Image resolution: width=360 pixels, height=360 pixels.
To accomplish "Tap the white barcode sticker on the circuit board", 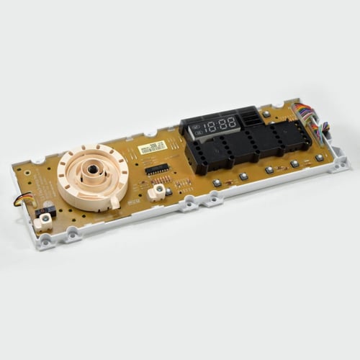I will click(153, 147).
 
